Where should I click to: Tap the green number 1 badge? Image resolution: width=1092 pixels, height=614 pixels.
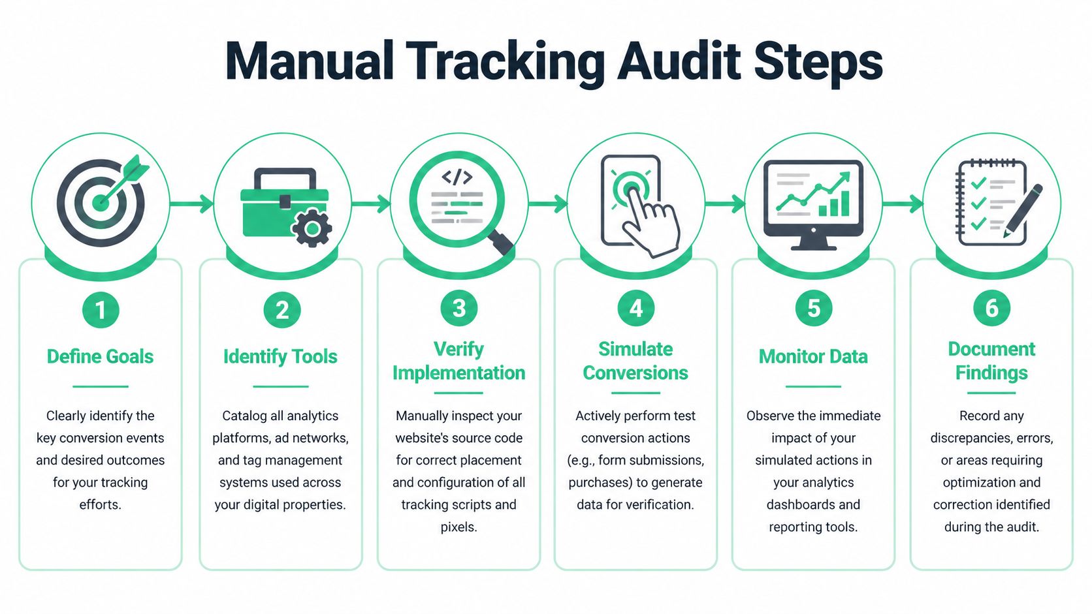[x=101, y=310]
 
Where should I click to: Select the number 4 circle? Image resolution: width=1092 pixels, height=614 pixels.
[x=636, y=308]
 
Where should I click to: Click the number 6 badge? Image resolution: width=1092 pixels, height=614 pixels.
[x=991, y=308]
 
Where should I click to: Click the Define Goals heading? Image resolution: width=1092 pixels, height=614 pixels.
[x=100, y=356]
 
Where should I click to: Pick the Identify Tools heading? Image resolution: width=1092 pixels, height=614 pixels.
[x=280, y=356]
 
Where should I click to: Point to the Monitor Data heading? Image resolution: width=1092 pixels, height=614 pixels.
[x=813, y=356]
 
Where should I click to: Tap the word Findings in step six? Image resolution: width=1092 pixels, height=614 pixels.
[x=991, y=373]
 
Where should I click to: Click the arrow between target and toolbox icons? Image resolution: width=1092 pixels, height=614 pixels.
[x=192, y=204]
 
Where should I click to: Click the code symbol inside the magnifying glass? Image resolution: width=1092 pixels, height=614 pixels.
[x=457, y=177]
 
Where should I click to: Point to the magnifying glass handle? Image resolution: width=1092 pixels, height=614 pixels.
[x=500, y=243]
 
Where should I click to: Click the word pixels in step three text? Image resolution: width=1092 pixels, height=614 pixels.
[x=458, y=527]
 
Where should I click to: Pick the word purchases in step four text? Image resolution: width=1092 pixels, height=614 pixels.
[x=594, y=482]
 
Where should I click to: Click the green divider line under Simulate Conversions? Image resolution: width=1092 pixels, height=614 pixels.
[x=635, y=393]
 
